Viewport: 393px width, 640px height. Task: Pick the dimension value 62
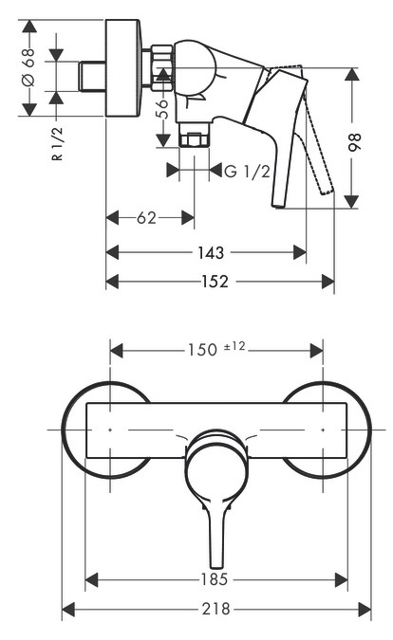(146, 218)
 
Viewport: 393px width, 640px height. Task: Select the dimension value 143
(212, 252)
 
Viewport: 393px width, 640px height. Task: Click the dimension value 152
(218, 282)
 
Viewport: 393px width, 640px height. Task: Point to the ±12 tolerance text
(234, 347)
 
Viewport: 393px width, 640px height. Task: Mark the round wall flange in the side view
(123, 67)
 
